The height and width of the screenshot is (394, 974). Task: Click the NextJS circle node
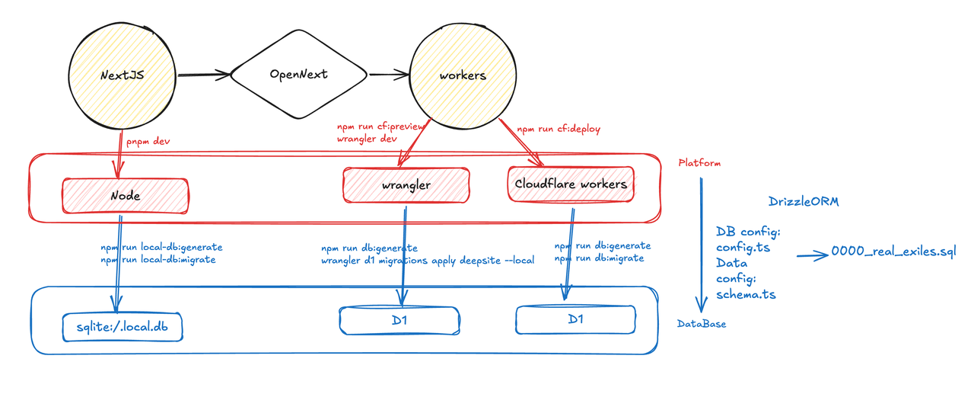[123, 76]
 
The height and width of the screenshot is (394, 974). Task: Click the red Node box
[124, 195]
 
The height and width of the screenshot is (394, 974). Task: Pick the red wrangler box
[406, 185]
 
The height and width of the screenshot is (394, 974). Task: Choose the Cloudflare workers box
[571, 184]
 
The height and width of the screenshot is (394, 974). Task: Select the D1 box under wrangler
[399, 320]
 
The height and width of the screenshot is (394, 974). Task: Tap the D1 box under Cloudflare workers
[575, 319]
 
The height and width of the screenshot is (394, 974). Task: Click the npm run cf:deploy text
[559, 130]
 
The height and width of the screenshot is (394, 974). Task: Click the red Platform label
[699, 163]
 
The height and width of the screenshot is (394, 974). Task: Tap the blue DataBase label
[702, 324]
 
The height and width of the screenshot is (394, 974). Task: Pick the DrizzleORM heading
[804, 202]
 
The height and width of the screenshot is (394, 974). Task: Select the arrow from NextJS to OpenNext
[203, 75]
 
